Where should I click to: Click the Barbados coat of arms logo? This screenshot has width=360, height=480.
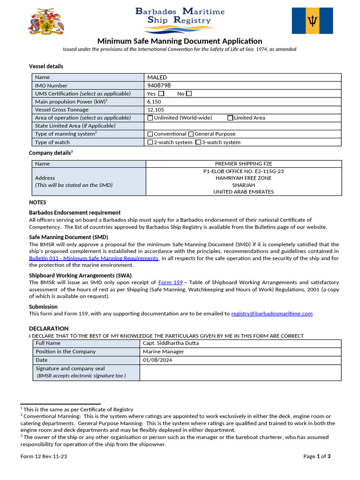45,22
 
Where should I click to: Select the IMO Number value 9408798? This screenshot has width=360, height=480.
159,86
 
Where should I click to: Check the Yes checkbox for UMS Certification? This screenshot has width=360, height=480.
161,94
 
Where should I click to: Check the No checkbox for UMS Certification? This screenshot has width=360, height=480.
189,94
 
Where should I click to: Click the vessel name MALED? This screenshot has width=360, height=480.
157,77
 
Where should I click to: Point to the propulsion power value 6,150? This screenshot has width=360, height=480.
154,102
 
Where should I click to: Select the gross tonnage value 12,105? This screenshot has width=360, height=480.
155,110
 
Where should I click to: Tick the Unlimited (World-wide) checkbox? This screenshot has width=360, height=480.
150,118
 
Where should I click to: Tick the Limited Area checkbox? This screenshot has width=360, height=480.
230,118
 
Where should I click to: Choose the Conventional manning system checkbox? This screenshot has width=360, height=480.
150,134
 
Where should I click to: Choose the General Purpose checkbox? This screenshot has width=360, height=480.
191,134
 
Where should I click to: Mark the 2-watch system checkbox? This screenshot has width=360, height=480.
150,142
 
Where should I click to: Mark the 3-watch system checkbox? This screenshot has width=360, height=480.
198,142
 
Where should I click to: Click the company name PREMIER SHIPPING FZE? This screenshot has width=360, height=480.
243,164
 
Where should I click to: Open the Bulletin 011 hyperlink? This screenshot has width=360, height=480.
94,258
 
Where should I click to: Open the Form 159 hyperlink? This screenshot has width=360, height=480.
170,283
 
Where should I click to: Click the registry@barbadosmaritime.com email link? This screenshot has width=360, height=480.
271,314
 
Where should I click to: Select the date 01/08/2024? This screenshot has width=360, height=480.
158,360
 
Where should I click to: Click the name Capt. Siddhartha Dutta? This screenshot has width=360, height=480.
171,343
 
